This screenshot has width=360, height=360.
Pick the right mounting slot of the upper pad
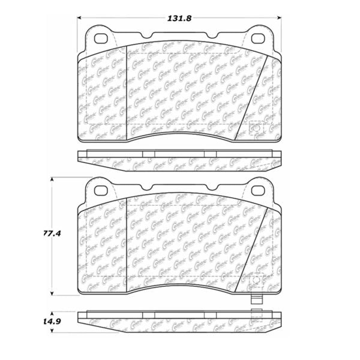point(260,38)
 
